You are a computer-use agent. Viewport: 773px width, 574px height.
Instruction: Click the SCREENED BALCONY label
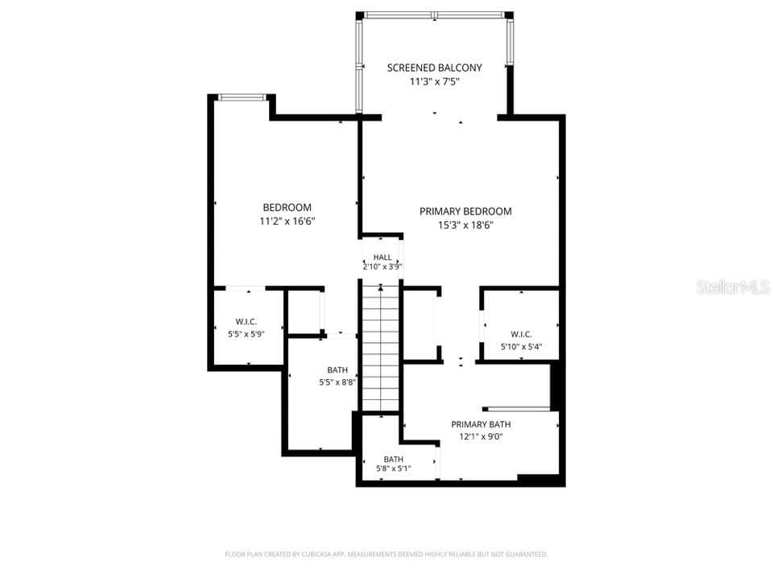(x=434, y=68)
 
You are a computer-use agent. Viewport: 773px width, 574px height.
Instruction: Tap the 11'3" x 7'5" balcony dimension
(x=434, y=82)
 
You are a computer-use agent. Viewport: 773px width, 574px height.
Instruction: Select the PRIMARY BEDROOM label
(x=465, y=212)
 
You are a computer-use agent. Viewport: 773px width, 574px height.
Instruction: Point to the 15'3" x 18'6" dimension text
(x=466, y=225)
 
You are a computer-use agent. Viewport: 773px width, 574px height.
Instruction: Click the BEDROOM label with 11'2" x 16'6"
(x=287, y=208)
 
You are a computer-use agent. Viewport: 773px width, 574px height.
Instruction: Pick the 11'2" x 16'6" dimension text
(x=287, y=221)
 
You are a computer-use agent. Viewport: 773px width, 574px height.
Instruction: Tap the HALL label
(x=382, y=257)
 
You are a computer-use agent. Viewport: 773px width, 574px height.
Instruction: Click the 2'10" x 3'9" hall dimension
(x=382, y=266)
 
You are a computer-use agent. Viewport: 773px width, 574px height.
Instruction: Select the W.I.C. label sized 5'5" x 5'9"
(x=246, y=322)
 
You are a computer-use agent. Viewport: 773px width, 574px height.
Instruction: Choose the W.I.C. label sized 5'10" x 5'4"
(x=521, y=334)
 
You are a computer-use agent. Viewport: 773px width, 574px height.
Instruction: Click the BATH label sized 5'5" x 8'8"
(x=337, y=370)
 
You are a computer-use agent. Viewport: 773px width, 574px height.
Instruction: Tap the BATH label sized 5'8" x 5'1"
(x=394, y=459)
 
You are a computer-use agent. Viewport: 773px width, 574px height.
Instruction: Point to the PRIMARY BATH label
(x=481, y=424)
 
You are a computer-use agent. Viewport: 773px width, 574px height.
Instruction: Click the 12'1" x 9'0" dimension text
(x=481, y=436)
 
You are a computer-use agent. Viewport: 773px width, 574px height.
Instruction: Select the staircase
(x=381, y=346)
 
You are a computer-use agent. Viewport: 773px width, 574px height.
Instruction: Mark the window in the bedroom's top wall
(x=242, y=97)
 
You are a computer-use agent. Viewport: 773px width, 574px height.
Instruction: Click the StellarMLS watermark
(x=733, y=287)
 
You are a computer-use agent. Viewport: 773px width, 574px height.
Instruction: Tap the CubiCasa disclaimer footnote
(x=386, y=555)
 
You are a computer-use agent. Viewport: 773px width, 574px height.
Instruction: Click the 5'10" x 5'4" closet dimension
(x=521, y=346)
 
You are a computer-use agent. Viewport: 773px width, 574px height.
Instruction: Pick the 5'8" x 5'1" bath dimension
(x=394, y=469)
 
